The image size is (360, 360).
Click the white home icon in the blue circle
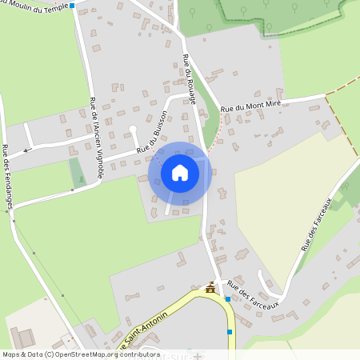(180, 172)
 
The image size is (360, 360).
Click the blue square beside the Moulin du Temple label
(72, 6)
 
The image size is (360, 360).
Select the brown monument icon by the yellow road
(210, 288)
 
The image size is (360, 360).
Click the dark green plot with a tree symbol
(77, 173)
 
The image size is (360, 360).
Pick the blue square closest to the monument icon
(228, 299)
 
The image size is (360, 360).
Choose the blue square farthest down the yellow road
(230, 331)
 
